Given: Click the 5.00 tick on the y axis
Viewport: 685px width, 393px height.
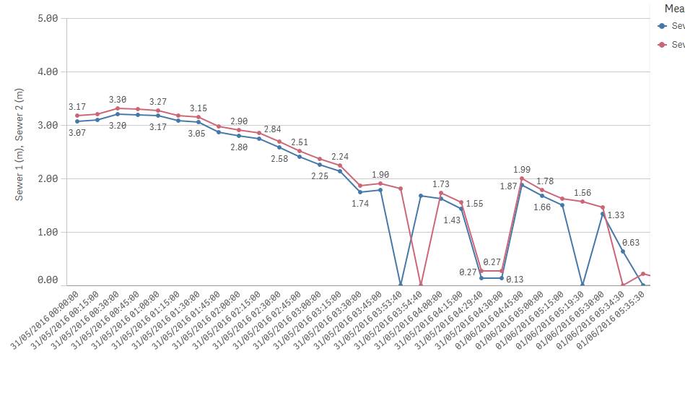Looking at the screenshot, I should pos(46,18).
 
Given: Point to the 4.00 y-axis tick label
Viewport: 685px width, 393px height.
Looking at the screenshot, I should pos(46,72).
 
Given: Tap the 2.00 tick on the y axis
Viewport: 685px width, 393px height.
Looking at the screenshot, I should pos(46,178).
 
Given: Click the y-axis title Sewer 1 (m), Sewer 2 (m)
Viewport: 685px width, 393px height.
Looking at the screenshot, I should pos(19,144).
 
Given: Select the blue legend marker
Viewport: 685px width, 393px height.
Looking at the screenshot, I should pos(663,25).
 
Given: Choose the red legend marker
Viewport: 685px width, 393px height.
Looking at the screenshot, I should pos(663,44).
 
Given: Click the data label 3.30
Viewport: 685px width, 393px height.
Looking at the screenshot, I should pos(118,100).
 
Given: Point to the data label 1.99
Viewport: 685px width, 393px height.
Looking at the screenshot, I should pos(522,169).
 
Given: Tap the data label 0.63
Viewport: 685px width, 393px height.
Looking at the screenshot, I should pos(631,243).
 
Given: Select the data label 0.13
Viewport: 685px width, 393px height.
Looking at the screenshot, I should pos(515,279).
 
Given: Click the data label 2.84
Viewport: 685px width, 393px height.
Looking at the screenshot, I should pos(272,129).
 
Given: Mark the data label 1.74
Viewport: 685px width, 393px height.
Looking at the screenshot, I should pos(360,204).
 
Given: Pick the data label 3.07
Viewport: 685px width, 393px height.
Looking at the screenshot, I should pos(77,132).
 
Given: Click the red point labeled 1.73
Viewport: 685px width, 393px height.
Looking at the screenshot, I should pos(441,193).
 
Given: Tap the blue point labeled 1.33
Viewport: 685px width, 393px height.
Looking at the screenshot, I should pos(603,214).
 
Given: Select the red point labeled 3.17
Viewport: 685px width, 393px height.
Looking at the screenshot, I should pos(77,116).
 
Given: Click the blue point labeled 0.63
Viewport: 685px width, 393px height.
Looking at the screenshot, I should pos(623,251).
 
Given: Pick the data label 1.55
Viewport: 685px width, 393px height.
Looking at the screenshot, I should pos(474,204).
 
